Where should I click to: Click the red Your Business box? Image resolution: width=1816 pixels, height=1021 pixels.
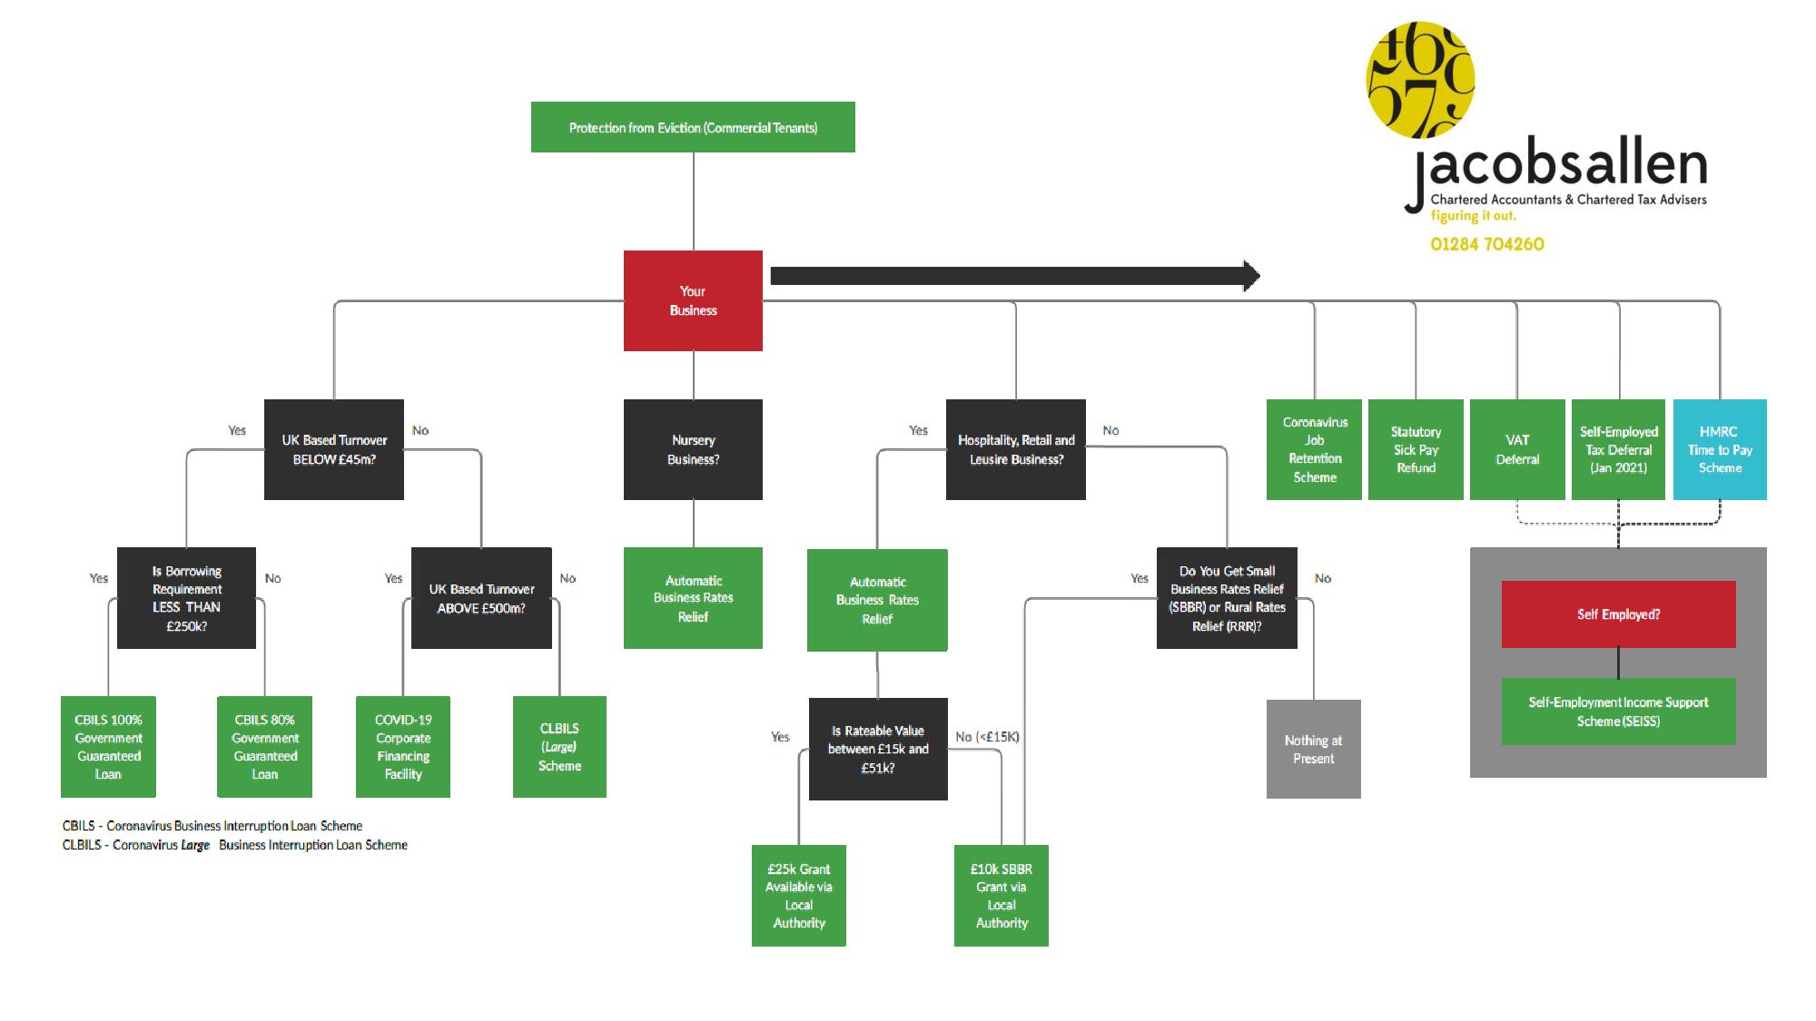(x=693, y=300)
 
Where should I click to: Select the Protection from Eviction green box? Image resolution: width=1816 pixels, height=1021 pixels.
(x=693, y=127)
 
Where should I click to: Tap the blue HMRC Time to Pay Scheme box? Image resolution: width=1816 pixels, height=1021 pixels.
(x=1720, y=449)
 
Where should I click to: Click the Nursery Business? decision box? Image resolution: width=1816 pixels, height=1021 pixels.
(x=693, y=449)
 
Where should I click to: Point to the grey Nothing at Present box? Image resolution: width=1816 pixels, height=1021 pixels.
(x=1313, y=749)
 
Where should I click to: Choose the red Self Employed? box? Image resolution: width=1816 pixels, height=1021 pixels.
(x=1618, y=614)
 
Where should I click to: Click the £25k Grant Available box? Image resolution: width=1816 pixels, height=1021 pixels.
(x=799, y=896)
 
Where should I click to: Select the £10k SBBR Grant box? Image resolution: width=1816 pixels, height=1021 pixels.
(x=1002, y=896)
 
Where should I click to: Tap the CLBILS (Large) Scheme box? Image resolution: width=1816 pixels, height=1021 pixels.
(x=559, y=747)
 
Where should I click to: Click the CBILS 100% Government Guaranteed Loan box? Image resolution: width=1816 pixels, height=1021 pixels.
(x=108, y=747)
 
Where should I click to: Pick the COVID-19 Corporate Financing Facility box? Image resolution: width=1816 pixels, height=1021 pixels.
(x=403, y=747)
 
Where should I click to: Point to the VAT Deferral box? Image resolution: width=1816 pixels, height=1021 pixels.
(x=1517, y=449)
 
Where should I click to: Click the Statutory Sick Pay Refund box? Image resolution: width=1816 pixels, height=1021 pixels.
(x=1416, y=449)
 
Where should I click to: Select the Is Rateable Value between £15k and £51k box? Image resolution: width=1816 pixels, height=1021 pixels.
(x=878, y=749)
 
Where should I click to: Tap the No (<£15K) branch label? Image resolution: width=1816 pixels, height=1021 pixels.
(x=987, y=737)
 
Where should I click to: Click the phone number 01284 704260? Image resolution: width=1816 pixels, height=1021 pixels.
(x=1487, y=244)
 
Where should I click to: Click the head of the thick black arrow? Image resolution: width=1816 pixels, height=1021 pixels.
(x=1251, y=276)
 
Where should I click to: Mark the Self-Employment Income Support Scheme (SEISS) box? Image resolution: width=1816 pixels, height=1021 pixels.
(x=1618, y=712)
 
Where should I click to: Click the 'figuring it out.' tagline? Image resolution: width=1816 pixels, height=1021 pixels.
(x=1473, y=216)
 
